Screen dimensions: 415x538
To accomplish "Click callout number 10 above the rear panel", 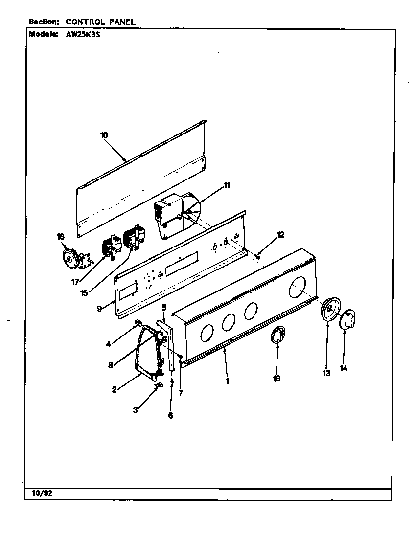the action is [x=104, y=135].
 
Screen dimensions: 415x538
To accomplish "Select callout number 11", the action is [x=227, y=185].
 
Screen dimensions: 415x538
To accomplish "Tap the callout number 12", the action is [x=280, y=235].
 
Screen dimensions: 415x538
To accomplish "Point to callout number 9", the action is [x=99, y=308].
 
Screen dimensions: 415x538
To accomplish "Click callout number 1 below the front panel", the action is [x=227, y=381].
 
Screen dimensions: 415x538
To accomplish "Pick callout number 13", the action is [x=326, y=373].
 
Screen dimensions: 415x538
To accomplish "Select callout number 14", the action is [x=344, y=368].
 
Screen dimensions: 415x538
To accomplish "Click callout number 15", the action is [x=84, y=293].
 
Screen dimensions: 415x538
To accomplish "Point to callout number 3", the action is [x=136, y=410].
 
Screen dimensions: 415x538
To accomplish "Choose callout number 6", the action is [x=170, y=415].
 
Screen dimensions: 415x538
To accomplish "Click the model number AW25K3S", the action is [x=83, y=35].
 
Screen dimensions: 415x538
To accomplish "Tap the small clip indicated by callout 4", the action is [x=138, y=322].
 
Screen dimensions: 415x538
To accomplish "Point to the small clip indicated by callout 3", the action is [x=158, y=387].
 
